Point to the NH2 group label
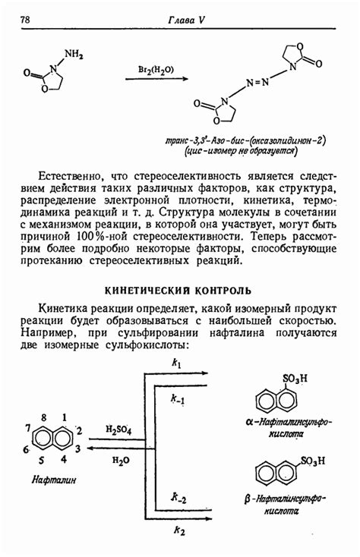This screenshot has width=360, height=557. point(74,54)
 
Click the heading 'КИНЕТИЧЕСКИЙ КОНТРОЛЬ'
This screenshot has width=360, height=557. point(177,291)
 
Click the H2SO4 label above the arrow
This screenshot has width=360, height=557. point(120,430)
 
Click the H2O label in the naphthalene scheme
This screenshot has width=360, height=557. point(121,460)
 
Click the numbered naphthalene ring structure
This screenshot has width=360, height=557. point(53,439)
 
